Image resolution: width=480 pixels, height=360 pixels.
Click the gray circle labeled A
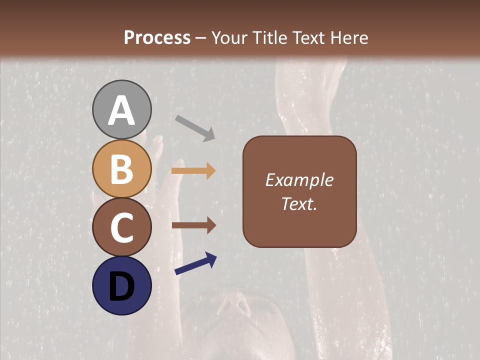[122, 109]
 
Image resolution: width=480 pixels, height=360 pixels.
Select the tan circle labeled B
[122, 168]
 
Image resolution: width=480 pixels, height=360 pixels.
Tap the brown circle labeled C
[122, 227]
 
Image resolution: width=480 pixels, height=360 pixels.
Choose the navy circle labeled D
[122, 286]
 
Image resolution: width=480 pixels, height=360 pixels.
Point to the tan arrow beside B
[193, 171]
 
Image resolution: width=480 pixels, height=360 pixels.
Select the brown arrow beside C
[194, 225]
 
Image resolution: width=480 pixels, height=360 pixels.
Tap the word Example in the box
[299, 180]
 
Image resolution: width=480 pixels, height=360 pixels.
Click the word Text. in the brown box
[299, 203]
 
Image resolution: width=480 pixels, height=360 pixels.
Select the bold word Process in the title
[157, 38]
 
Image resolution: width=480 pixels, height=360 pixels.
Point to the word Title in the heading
[269, 38]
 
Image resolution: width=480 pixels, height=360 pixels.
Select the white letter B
[122, 169]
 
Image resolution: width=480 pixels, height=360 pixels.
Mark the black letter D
[122, 286]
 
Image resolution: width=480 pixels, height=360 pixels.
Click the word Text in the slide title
[307, 38]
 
